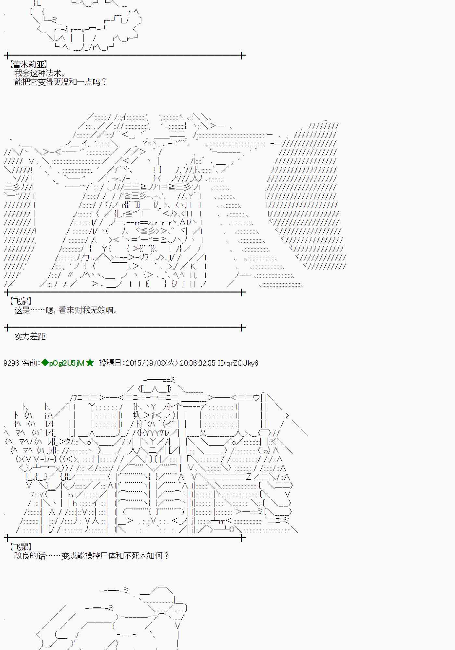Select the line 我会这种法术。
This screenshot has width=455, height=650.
click(x=41, y=73)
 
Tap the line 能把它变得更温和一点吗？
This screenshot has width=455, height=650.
click(x=60, y=82)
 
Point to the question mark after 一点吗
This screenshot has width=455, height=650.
click(x=104, y=82)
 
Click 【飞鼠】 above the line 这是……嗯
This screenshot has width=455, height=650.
click(x=20, y=301)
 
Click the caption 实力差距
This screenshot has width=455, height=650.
click(x=30, y=336)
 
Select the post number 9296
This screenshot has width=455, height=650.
click(x=11, y=363)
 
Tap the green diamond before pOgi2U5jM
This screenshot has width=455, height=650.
click(x=45, y=363)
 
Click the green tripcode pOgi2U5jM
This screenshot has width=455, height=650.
click(x=67, y=363)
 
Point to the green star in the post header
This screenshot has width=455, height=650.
click(x=90, y=363)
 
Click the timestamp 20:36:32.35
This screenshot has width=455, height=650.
click(x=197, y=363)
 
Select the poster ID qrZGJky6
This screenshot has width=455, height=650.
click(x=242, y=363)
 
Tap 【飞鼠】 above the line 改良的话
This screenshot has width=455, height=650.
click(x=20, y=547)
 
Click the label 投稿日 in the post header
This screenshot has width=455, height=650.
click(x=110, y=363)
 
